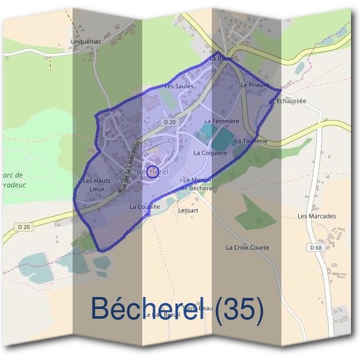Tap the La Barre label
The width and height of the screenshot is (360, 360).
coord(221,59)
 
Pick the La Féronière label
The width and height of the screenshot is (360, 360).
coord(221,121)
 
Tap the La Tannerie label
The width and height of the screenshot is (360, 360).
coord(250,141)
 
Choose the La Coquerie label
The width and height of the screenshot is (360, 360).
coord(209,153)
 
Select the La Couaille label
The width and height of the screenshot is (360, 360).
coord(145,206)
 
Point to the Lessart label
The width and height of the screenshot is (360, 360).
coord(188,211)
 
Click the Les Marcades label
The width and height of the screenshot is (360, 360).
coord(316,216)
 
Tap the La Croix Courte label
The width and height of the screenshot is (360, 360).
coord(247,247)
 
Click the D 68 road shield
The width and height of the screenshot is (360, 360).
coord(316,247)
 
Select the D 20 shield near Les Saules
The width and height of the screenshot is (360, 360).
coord(170,122)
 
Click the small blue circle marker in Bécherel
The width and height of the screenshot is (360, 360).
coord(152,172)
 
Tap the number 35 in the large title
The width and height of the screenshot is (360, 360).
coord(240,308)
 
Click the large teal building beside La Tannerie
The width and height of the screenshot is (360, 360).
coord(221,140)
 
